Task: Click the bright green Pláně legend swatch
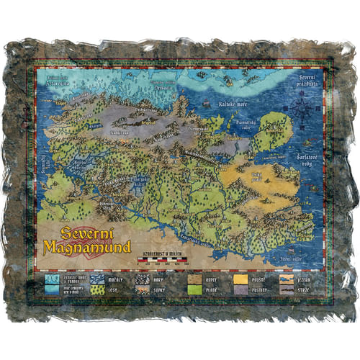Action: (x=194, y=289)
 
